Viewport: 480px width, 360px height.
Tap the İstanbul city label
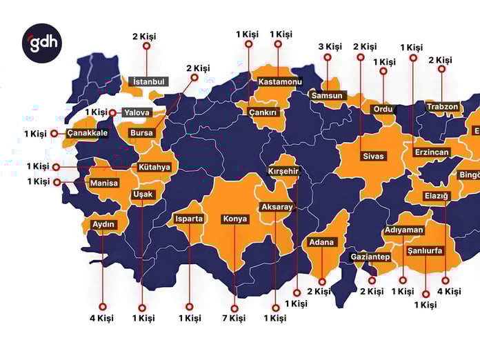148,81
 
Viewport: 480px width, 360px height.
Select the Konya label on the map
234,219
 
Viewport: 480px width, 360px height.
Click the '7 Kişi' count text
234,318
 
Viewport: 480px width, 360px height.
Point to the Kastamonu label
280,82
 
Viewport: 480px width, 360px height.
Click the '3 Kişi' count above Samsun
330,47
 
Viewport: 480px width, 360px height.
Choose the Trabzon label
442,107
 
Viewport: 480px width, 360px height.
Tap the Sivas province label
372,157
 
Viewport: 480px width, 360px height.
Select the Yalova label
137,112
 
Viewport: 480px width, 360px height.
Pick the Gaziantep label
370,257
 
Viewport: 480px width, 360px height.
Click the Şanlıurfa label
425,251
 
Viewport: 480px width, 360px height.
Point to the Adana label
321,242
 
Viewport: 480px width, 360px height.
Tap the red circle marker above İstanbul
146,46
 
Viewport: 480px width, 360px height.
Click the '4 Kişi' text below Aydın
102,318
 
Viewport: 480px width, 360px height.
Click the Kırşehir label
285,171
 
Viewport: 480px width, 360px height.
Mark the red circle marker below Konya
234,308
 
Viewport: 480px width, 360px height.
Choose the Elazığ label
436,197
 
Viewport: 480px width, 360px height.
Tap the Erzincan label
432,152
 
